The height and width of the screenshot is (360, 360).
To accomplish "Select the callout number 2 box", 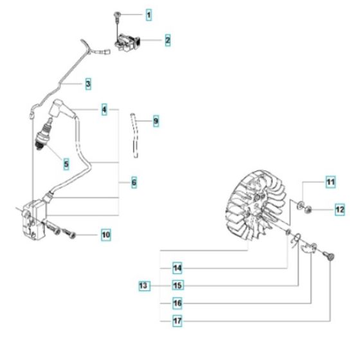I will coord(167,40).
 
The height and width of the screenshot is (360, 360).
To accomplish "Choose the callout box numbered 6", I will coord(134,183).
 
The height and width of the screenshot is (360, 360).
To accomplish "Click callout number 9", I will coord(156,120).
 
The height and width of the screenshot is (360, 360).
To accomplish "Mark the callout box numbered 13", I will coord(145,284).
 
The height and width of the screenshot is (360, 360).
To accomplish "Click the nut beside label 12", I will coord(309,208).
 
